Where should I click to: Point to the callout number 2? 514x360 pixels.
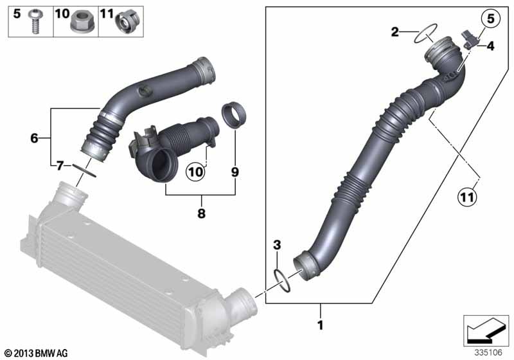[396, 31]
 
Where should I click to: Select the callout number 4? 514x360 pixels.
[490, 46]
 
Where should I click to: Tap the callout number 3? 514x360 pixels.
[277, 244]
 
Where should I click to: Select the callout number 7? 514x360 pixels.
[58, 166]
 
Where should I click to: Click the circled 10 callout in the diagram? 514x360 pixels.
[195, 172]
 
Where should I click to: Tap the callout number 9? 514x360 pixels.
[235, 172]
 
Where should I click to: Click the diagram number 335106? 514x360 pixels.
[490, 352]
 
